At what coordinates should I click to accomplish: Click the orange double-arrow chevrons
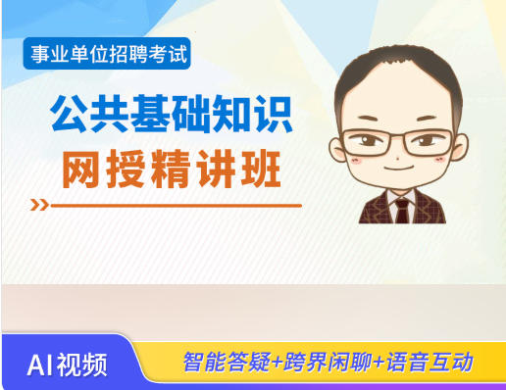[40, 206]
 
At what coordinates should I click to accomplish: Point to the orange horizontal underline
[177, 206]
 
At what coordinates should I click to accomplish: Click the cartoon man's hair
[397, 83]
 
